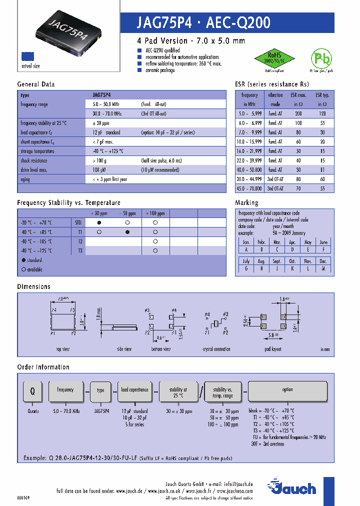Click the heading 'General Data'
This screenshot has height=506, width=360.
(x=36, y=84)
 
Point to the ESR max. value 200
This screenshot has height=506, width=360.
(x=298, y=113)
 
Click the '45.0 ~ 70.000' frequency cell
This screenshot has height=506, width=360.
(x=249, y=188)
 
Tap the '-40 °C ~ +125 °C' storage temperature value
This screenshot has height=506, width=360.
(x=107, y=151)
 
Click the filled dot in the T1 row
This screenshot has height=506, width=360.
(x=127, y=232)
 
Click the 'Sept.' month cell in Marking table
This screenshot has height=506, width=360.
(x=276, y=261)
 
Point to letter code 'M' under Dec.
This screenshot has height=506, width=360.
(x=323, y=268)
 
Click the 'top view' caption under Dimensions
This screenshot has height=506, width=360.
(x=62, y=348)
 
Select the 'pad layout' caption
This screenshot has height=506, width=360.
(x=272, y=348)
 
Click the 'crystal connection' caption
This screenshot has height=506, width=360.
(x=216, y=348)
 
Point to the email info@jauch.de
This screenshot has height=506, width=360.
(x=238, y=484)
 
